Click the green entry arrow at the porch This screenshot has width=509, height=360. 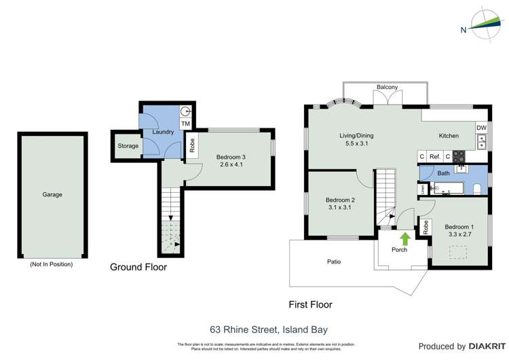pos(404,238)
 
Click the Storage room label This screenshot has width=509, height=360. pos(128,146)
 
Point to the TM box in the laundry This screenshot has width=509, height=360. pos(185,124)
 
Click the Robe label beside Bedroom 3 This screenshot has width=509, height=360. pos(192,145)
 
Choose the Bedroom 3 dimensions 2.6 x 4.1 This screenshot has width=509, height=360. pos(232,164)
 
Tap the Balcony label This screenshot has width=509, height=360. pos(387,87)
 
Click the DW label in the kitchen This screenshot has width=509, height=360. pos(481,128)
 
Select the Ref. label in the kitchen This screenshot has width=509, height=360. pos(435,157)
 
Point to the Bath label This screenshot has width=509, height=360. pos(443,174)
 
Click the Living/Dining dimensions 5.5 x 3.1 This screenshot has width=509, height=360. pos(356,144)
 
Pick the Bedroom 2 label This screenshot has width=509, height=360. pos(340,200)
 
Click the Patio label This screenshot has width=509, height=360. pos(333,262)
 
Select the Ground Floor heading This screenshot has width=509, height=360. pos(138,268)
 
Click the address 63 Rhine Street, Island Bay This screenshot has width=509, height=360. pos(269,330)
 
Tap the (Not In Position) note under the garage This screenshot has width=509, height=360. pos(52,264)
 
